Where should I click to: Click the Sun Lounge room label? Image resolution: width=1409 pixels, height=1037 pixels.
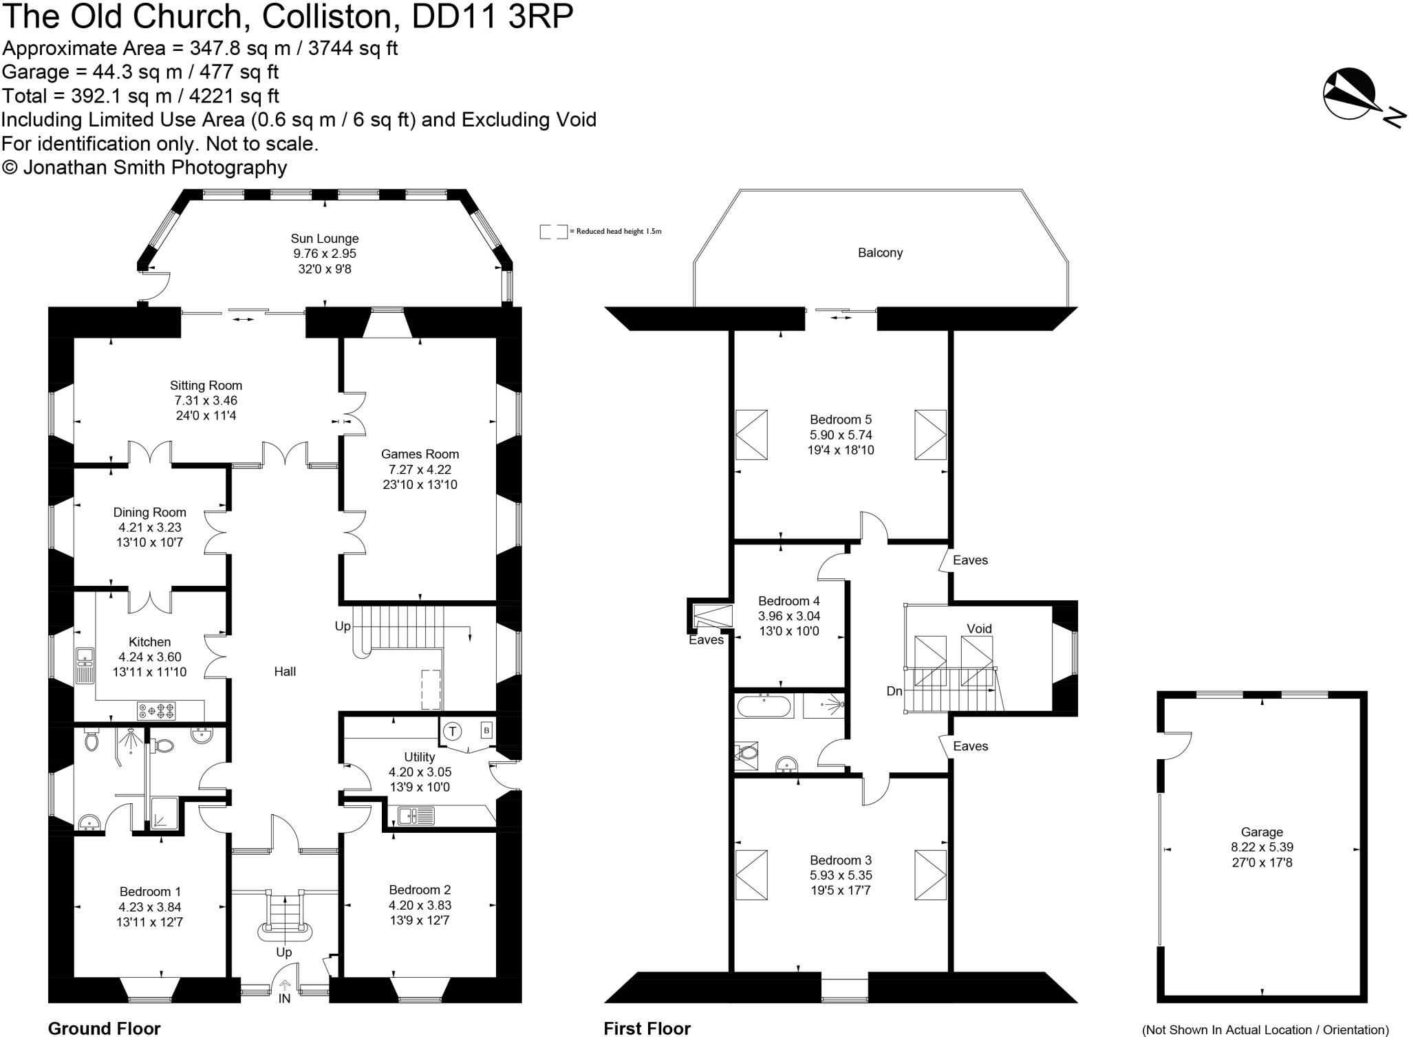[x=324, y=239]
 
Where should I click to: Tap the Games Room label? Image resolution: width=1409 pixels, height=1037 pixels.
[x=420, y=454]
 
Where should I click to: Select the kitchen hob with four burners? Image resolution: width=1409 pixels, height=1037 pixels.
[x=157, y=710]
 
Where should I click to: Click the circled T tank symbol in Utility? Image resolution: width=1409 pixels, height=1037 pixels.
[x=452, y=731]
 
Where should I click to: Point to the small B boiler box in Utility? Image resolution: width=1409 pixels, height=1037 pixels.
[x=486, y=730]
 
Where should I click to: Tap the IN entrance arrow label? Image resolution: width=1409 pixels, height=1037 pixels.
[x=284, y=998]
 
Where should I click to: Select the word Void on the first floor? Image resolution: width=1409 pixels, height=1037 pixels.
[x=979, y=629]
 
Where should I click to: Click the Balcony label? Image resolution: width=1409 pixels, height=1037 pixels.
[x=880, y=252]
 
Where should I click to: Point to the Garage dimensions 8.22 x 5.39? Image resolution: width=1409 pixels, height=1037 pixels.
[x=1262, y=847]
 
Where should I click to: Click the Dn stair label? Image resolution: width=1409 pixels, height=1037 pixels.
[x=894, y=691]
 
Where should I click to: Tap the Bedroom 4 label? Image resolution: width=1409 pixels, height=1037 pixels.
[x=788, y=600]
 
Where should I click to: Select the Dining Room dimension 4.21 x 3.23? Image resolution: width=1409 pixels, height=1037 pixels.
[x=149, y=527]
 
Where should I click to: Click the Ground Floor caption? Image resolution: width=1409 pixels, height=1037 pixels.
[x=104, y=1028]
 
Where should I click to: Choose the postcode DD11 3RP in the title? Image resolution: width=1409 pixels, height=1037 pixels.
[x=492, y=17]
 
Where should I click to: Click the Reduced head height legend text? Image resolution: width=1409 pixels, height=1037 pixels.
[x=615, y=232]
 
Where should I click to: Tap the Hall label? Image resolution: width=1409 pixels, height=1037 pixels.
[x=285, y=671]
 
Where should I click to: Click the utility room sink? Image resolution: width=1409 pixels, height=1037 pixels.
[x=416, y=816]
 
